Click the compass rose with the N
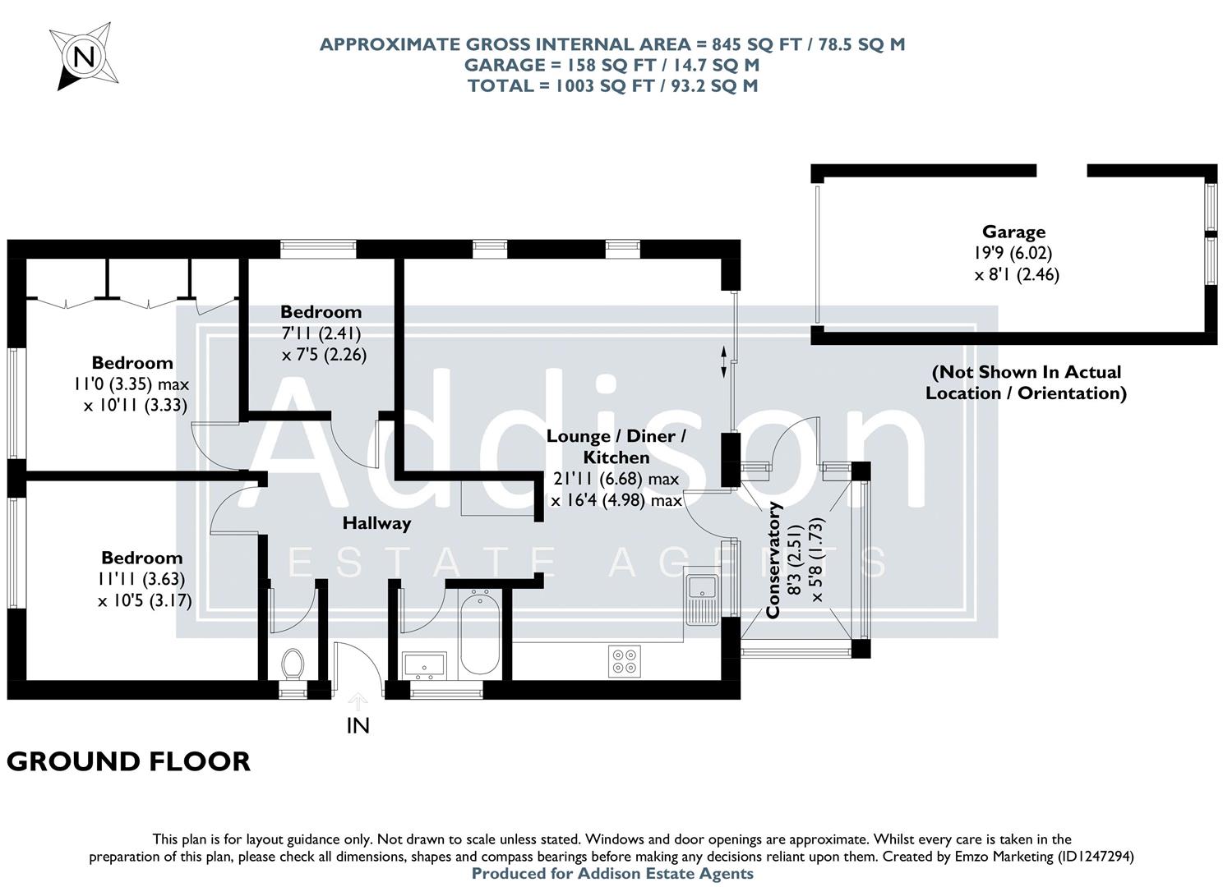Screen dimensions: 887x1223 (82, 57)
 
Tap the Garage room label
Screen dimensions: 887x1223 (1013, 232)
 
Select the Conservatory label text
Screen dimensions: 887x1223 (773, 560)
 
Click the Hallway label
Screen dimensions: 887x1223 (376, 522)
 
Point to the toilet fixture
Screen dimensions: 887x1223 (293, 664)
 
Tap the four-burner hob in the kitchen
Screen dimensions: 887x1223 (625, 661)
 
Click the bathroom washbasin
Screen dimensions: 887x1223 (423, 665)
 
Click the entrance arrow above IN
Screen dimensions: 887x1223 (358, 701)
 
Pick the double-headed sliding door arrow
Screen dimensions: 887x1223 (724, 362)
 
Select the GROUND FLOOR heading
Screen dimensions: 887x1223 (128, 761)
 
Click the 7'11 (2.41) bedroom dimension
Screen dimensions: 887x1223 (321, 333)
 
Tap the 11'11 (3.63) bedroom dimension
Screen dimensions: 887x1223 (143, 579)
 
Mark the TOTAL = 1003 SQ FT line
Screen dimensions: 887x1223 (612, 85)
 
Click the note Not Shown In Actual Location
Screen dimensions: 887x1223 (1026, 382)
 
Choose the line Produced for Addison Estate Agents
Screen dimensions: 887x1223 (612, 874)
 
